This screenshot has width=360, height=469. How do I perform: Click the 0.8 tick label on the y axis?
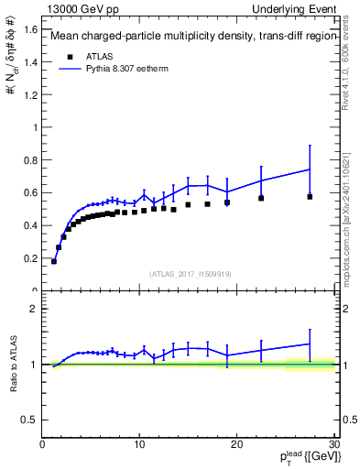pyautogui.click(x=31, y=159)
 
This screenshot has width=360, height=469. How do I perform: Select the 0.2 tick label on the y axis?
pyautogui.click(x=31, y=258)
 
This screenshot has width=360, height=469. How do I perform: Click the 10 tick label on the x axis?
pyautogui.click(x=139, y=444)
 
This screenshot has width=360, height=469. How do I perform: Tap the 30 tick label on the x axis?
pyautogui.click(x=333, y=444)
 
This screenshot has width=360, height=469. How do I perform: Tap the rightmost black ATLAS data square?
pyautogui.click(x=310, y=196)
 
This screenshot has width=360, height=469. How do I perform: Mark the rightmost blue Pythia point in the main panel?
pyautogui.click(x=310, y=169)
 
